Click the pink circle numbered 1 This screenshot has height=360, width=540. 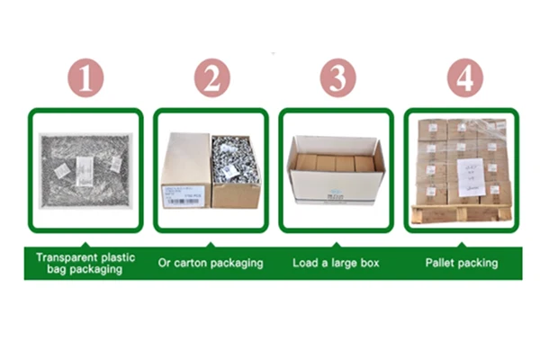point(85,78)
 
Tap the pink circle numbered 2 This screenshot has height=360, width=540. point(211,78)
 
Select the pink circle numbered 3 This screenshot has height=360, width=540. point(337,78)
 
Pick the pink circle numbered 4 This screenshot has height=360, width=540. point(463,78)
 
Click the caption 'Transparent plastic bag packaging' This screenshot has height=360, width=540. point(85,263)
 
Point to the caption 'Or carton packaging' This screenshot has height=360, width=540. point(211,263)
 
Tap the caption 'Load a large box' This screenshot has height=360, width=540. point(337,263)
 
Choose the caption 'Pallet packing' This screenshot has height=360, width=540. point(462,263)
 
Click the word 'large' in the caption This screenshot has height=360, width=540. point(342,263)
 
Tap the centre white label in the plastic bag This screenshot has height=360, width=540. point(85,167)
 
